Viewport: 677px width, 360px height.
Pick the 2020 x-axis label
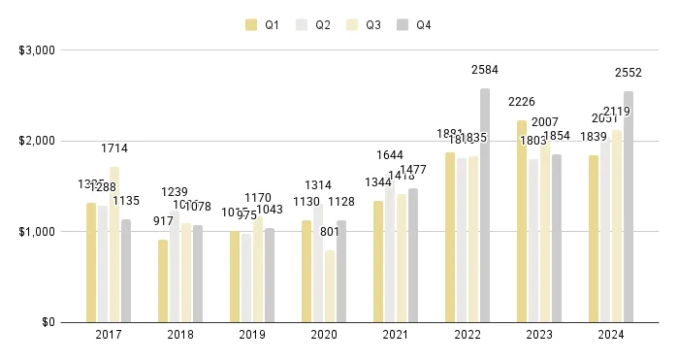324,334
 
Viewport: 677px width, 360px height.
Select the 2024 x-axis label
611,334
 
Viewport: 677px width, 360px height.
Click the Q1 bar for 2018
163,280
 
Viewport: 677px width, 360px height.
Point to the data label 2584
485,69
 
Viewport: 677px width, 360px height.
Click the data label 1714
114,148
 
